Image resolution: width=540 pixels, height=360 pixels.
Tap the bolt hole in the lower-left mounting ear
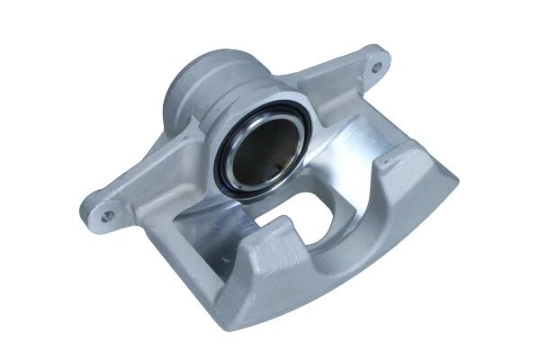point(109,215)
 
